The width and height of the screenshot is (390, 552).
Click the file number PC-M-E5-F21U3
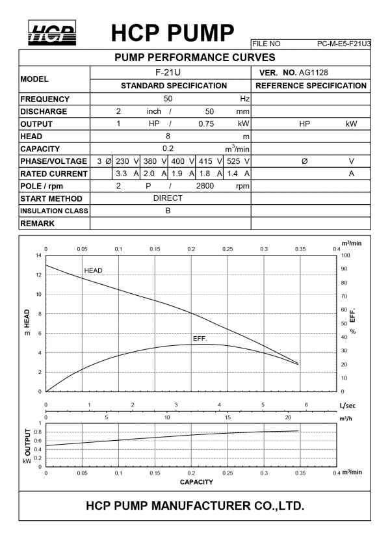point(344,44)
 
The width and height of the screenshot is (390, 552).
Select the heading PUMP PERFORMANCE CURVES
point(195,58)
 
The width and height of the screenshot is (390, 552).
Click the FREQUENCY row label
point(45,99)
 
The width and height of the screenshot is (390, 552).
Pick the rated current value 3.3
point(121,174)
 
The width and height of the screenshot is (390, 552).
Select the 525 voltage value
point(234,161)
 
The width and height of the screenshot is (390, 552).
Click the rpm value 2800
point(205,186)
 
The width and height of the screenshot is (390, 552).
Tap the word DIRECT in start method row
point(168,198)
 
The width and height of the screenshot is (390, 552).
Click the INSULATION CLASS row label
point(53,211)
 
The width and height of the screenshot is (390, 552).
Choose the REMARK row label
point(38,223)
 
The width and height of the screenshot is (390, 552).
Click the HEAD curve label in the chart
point(93,270)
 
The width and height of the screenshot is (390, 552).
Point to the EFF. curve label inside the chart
point(200,339)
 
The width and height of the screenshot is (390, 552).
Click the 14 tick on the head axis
point(38,256)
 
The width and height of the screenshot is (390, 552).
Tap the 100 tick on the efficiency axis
point(345,256)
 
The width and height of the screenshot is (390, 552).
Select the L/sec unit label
point(348,405)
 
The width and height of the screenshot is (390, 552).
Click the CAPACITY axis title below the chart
point(196,482)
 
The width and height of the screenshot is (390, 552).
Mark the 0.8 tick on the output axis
point(38,432)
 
